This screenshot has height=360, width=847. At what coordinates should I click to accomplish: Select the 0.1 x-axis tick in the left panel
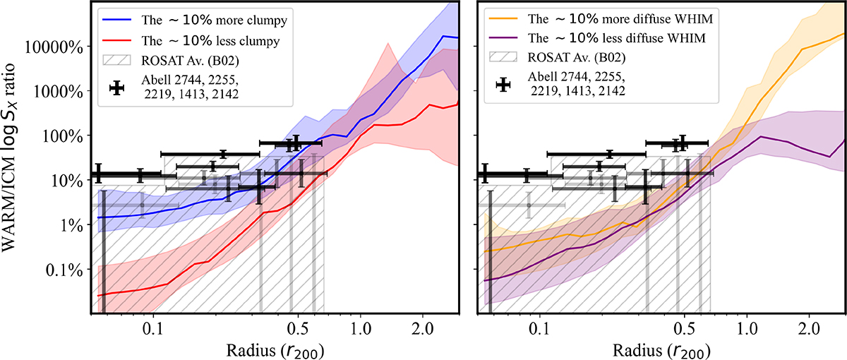(x=152, y=329)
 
